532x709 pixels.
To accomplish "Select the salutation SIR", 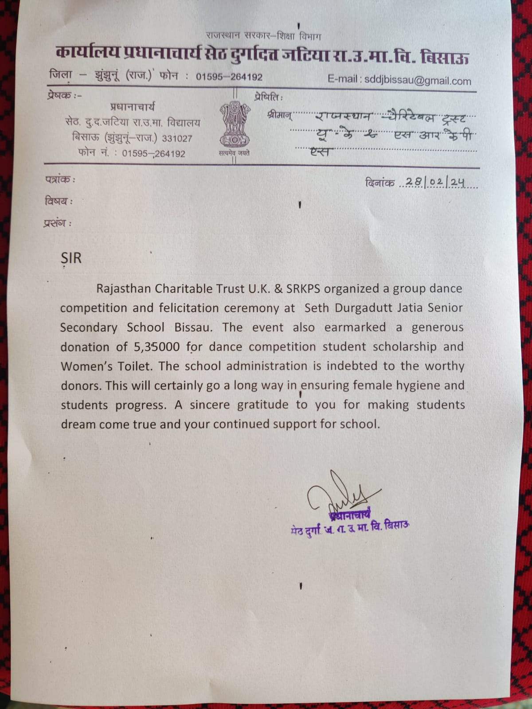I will pyautogui.click(x=71, y=258).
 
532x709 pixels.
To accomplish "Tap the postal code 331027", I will pyautogui.click(x=177, y=138).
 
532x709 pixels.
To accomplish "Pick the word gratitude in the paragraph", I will pyautogui.click(x=262, y=405).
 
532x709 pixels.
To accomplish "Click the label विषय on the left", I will pyautogui.click(x=57, y=201).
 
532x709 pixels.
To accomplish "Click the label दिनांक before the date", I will pyautogui.click(x=380, y=183).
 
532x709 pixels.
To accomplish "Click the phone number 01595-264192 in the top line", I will pyautogui.click(x=229, y=77).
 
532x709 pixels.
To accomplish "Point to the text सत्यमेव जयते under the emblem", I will pyautogui.click(x=234, y=153).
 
